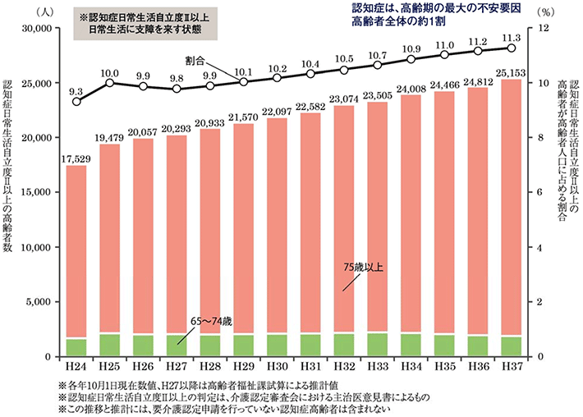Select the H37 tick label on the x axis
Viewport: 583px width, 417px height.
coord(512,366)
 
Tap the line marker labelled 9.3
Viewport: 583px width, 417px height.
coord(76,101)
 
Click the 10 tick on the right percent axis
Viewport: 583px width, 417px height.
coord(542,83)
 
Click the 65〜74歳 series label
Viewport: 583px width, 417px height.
coord(213,318)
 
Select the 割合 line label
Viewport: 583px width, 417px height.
coord(195,61)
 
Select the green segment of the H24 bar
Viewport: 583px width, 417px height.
coord(76,347)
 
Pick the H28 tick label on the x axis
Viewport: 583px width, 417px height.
coord(210,366)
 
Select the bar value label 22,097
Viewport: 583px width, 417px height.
coord(278,111)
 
